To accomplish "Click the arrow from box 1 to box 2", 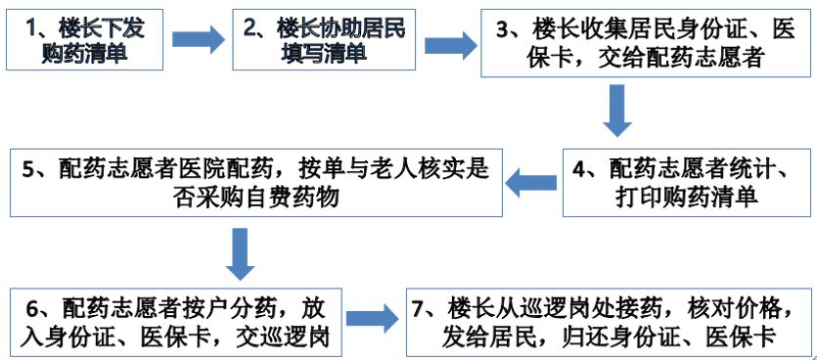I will (198, 39).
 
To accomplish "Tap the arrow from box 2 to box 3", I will (449, 44).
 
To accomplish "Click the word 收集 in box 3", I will (613, 28).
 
